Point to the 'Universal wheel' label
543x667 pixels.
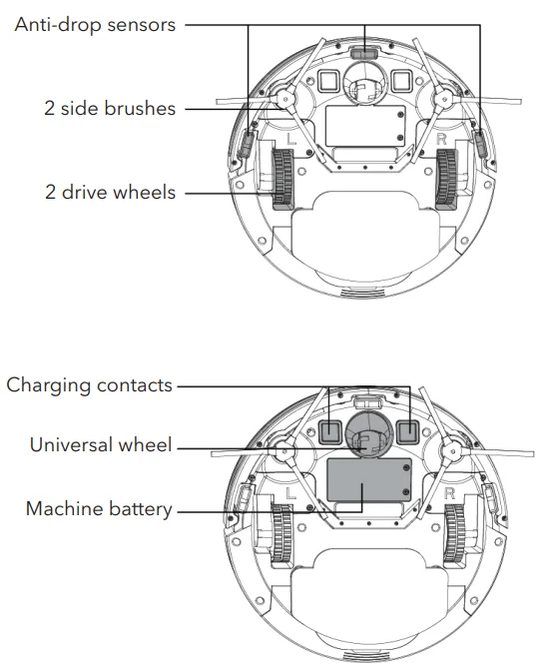click(x=102, y=446)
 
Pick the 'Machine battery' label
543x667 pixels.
click(x=98, y=509)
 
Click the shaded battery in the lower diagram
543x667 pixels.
click(x=367, y=483)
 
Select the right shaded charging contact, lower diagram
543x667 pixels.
click(x=406, y=430)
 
